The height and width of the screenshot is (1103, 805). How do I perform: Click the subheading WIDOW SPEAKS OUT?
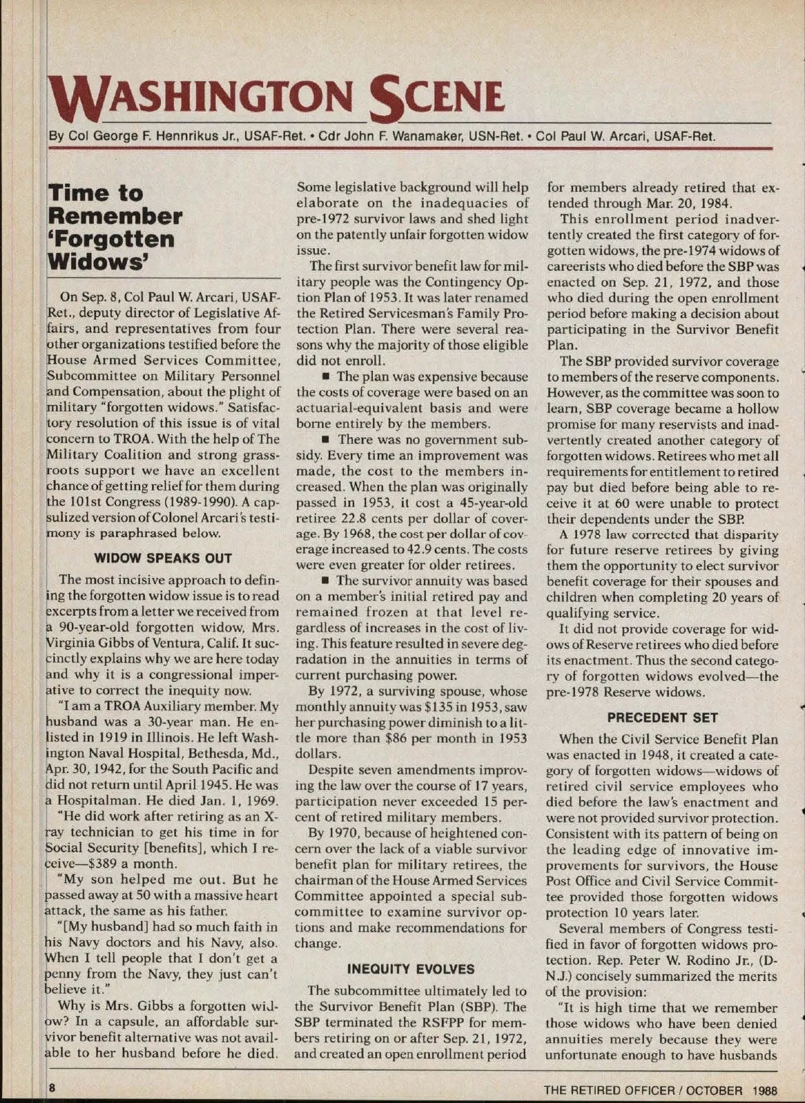pos(163,558)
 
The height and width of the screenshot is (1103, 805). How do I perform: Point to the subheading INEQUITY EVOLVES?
pos(411,969)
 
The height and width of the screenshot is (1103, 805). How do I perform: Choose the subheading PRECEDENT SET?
pos(662,717)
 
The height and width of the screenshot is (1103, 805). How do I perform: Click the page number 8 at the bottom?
pos(52,1086)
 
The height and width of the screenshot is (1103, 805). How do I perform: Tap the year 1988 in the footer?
pos(765,1090)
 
